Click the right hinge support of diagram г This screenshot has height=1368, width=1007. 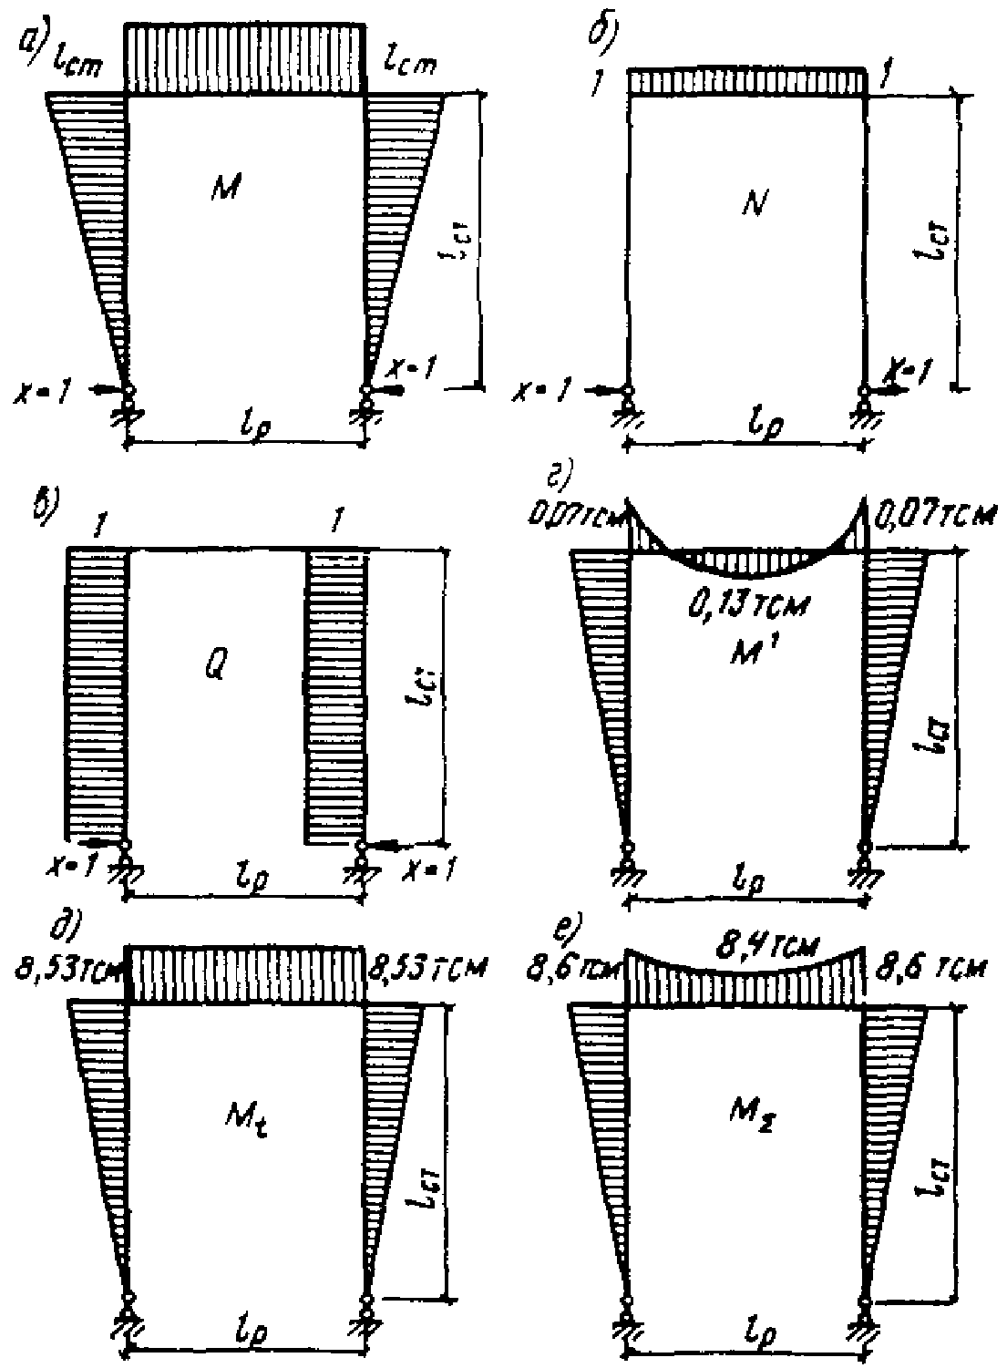coord(863,860)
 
